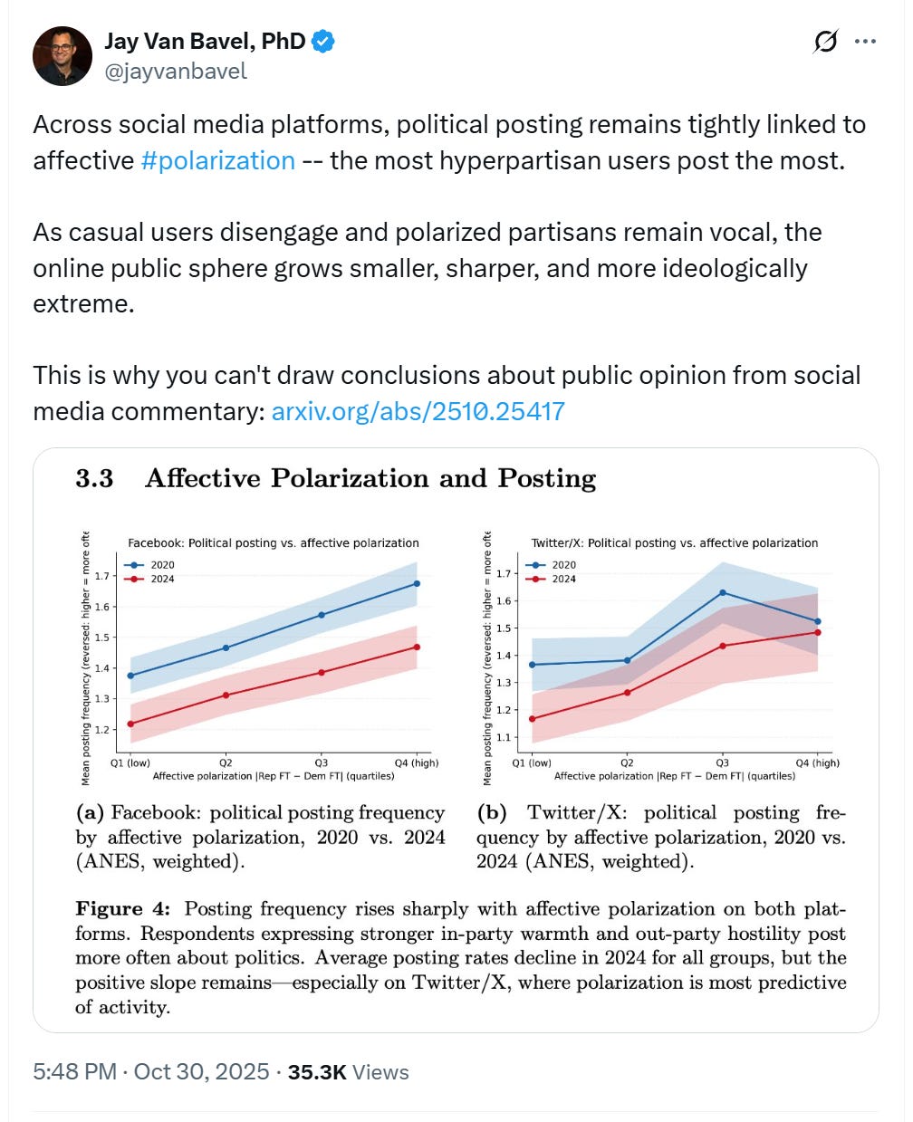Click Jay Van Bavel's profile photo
point(62,56)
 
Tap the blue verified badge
point(323,41)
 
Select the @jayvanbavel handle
point(176,72)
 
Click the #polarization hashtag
point(218,160)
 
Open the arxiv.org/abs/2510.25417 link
point(418,411)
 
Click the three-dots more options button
point(865,42)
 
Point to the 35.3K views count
point(348,1072)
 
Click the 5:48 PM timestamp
point(74,1072)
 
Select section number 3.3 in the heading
point(94,478)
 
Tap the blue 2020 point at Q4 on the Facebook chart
point(417,584)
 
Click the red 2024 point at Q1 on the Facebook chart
point(131,724)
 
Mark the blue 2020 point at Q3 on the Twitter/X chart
point(722,592)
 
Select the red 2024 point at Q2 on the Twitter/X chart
point(627,693)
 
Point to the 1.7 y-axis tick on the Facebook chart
point(101,576)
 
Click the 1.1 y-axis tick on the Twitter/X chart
point(503,737)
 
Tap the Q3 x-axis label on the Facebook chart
point(321,762)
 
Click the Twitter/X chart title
point(674,543)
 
